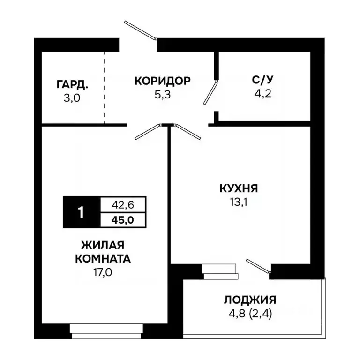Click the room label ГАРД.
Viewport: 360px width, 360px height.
[72, 84]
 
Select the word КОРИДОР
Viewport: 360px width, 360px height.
[162, 81]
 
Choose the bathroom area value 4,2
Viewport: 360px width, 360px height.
[261, 92]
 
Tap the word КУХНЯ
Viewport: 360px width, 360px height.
[239, 188]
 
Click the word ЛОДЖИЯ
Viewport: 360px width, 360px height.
[250, 300]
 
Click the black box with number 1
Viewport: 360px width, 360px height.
[81, 212]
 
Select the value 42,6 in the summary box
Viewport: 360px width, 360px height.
[123, 205]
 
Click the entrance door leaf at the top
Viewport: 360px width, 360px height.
[140, 29]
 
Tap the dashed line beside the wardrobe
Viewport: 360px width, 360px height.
[104, 87]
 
